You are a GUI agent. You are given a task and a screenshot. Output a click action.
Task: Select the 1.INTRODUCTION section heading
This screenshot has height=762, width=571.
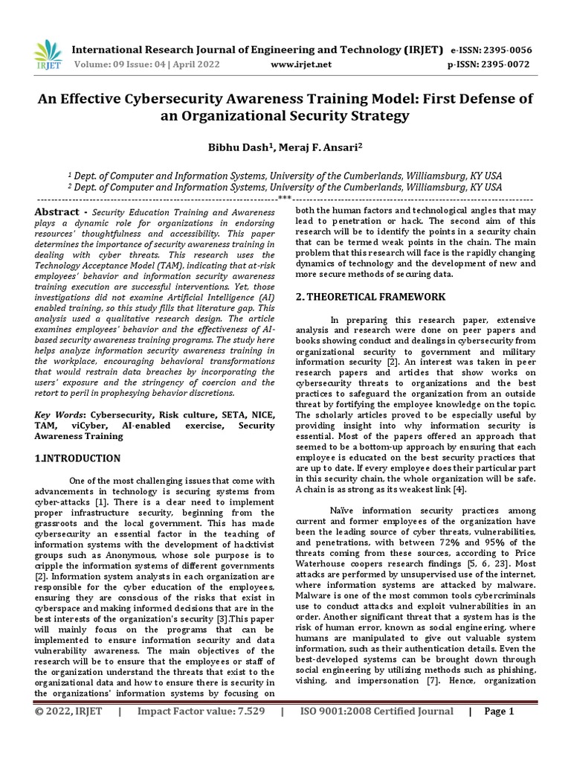[x=78, y=458]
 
